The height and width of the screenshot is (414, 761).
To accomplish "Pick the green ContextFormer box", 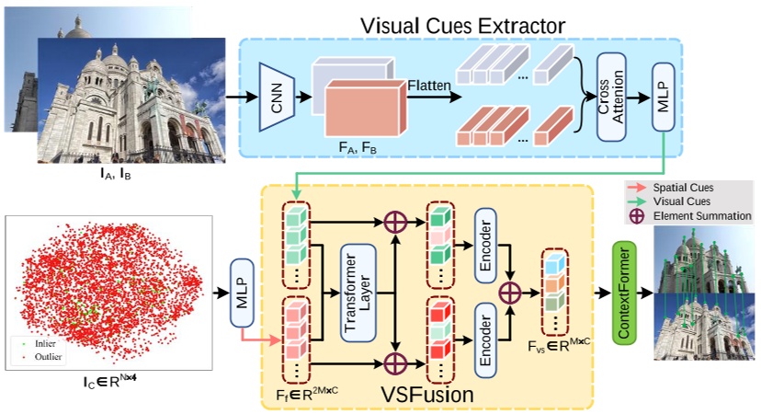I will click(625, 293).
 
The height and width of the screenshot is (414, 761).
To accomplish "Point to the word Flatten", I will click(430, 86).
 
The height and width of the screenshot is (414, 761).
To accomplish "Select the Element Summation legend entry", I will click(690, 216).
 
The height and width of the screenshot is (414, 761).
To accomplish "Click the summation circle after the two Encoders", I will click(509, 292).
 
